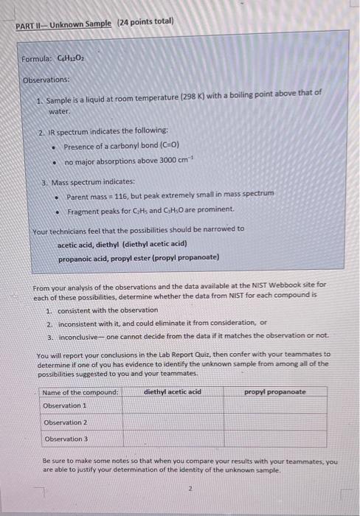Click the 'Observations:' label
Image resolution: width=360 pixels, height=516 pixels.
pyautogui.click(x=46, y=78)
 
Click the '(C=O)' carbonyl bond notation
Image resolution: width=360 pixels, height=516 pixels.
pyautogui.click(x=164, y=146)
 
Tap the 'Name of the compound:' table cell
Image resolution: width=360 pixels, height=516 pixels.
pyautogui.click(x=80, y=391)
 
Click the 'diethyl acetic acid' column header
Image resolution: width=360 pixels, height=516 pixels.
pyautogui.click(x=172, y=391)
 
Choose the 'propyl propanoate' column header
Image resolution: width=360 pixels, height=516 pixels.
pyautogui.click(x=274, y=391)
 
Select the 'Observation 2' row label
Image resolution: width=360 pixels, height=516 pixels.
pyautogui.click(x=65, y=422)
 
